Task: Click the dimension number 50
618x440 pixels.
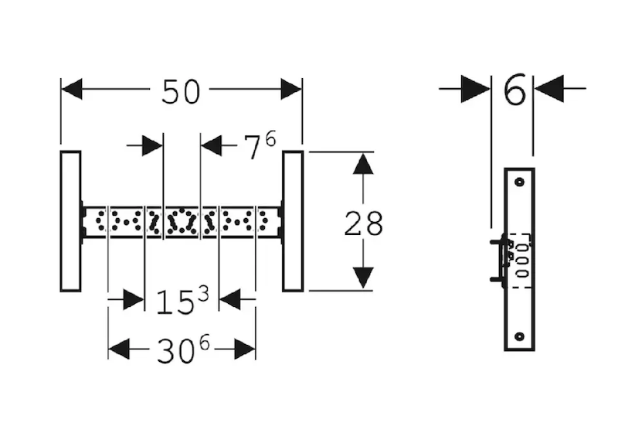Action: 181,91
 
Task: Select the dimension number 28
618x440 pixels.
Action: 363,223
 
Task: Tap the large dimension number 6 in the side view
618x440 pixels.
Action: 515,89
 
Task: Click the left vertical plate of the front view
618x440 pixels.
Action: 71,221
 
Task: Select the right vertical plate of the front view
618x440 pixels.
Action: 293,221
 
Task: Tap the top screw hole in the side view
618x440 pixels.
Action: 520,182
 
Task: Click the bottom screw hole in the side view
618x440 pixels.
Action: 520,336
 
